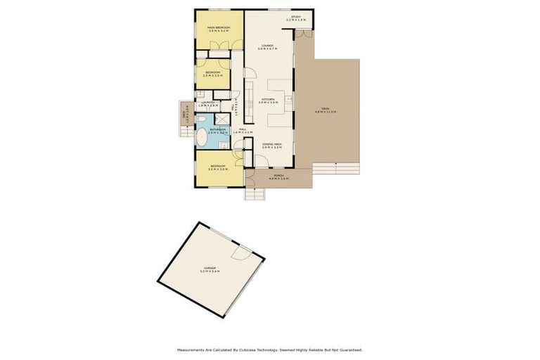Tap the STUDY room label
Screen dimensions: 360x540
point(296,17)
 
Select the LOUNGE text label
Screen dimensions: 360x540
point(267,46)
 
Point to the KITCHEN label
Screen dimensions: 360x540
point(268,100)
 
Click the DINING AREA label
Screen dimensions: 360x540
point(271,145)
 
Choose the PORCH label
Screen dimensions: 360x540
point(278,176)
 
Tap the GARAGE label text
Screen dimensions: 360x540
point(210,269)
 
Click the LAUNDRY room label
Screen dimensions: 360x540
point(208,103)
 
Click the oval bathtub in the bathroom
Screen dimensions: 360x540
point(201,137)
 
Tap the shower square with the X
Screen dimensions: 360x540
point(224,120)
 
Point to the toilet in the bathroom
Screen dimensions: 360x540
point(222,146)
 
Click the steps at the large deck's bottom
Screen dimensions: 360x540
point(336,168)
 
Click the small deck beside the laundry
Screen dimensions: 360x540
point(185,116)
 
